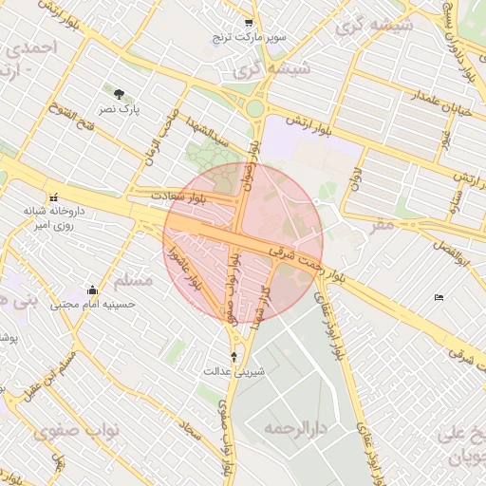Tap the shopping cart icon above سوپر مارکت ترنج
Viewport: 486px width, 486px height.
pos(249,23)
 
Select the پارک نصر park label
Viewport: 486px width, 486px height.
pos(121,110)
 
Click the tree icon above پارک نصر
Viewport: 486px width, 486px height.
pos(119,94)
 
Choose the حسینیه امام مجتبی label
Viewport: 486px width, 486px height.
pos(93,305)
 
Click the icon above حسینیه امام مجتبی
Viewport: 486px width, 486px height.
pos(92,290)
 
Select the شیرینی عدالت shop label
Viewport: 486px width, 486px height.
pos(234,371)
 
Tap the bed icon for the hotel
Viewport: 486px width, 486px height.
pos(438,298)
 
